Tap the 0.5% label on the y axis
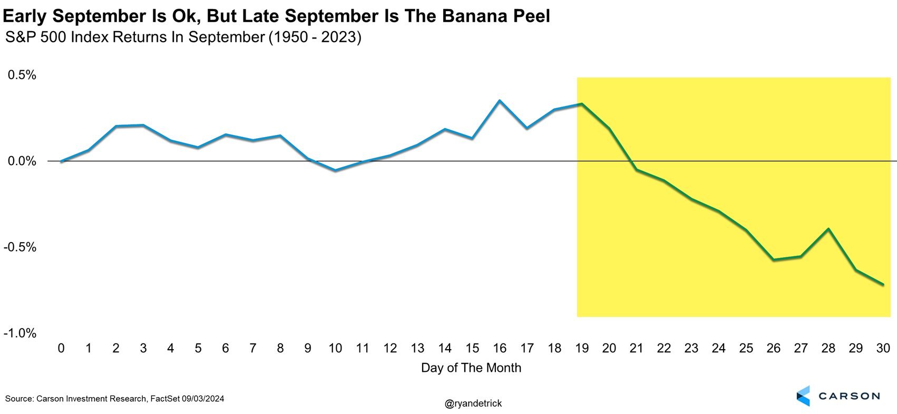point(22,75)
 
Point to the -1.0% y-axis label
point(19,333)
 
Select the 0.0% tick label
point(22,161)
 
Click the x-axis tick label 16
point(499,348)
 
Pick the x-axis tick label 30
point(883,348)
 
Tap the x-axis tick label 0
point(61,348)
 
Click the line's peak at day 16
point(499,100)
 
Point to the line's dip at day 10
point(335,170)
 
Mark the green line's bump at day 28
point(828,229)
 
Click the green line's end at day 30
point(883,285)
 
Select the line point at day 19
point(581,104)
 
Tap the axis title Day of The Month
point(471,368)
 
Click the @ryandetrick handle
point(473,403)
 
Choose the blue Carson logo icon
point(803,396)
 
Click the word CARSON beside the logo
point(849,396)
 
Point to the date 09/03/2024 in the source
point(203,399)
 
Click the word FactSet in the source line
point(165,399)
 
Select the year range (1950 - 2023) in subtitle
point(315,38)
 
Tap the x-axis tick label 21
point(636,348)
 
